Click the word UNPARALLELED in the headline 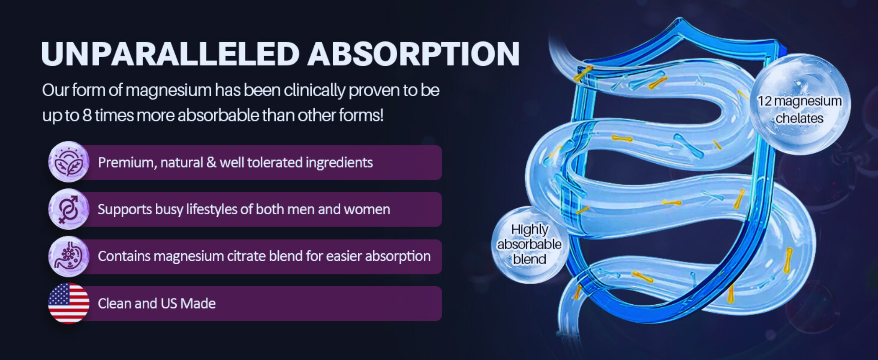coord(170,54)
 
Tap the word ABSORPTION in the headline coord(414,54)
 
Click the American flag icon coord(68,303)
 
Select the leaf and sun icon coord(68,162)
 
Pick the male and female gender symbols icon coord(68,209)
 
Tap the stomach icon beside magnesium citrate coord(68,256)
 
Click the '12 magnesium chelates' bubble coord(799,104)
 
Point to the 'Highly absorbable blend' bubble coord(529,245)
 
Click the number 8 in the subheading coord(87,115)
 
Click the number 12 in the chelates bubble coord(764,101)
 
